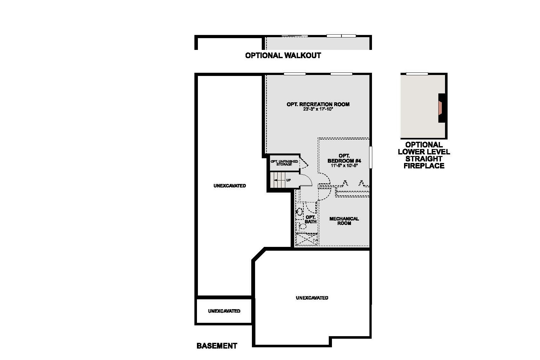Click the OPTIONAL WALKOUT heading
tap(283, 56)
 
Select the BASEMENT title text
tap(217, 346)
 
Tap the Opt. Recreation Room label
tap(318, 104)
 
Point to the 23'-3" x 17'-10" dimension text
tap(318, 109)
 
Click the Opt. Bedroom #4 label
tap(344, 158)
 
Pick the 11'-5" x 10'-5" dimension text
tap(344, 166)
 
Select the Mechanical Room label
tap(344, 221)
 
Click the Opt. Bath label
tap(310, 219)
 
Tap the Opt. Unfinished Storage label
tap(284, 163)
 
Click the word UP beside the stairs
tap(288, 180)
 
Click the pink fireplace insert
tap(440, 108)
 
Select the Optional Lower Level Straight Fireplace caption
tap(424, 155)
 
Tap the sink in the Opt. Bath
tap(299, 211)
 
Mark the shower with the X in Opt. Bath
tap(306, 239)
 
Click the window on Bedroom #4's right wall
tap(370, 157)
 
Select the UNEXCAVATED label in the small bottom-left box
tap(224, 311)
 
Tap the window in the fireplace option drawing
tap(417, 74)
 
